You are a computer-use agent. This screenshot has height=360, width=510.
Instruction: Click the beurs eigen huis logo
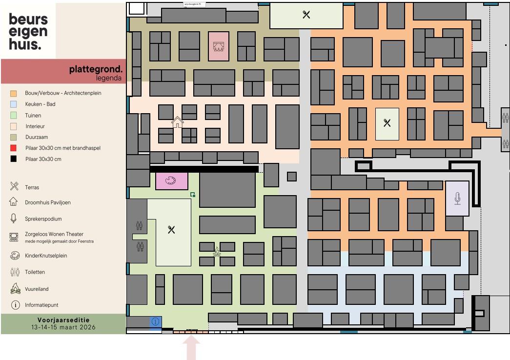tap(28, 32)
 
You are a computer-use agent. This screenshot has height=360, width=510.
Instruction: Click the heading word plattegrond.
tap(96, 69)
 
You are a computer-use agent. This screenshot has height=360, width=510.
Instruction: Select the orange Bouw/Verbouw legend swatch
tap(14, 93)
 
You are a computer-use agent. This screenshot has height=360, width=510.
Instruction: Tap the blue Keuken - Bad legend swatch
tap(14, 104)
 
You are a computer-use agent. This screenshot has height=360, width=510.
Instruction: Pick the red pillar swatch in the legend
tap(14, 148)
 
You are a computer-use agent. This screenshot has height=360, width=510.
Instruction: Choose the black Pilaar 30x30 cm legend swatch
tap(14, 159)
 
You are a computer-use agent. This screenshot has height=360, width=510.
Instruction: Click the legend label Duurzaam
tap(37, 137)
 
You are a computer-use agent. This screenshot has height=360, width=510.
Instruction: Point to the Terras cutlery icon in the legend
tap(14, 186)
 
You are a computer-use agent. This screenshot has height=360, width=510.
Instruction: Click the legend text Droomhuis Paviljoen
tap(48, 203)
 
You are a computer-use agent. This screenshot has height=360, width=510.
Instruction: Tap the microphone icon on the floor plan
tap(458, 198)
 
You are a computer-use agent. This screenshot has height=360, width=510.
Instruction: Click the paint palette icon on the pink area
tap(172, 181)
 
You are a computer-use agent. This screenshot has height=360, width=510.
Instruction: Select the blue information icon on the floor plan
tap(156, 321)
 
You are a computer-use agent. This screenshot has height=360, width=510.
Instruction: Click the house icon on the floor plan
tap(177, 122)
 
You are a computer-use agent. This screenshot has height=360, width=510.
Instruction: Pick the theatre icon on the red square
tap(218, 46)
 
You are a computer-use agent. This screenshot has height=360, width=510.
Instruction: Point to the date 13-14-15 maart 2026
tap(63, 327)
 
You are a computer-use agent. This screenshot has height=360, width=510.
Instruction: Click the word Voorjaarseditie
tap(63, 320)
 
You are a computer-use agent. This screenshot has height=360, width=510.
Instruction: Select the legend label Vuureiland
tap(37, 289)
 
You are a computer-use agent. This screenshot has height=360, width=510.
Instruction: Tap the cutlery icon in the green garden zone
tap(171, 230)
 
